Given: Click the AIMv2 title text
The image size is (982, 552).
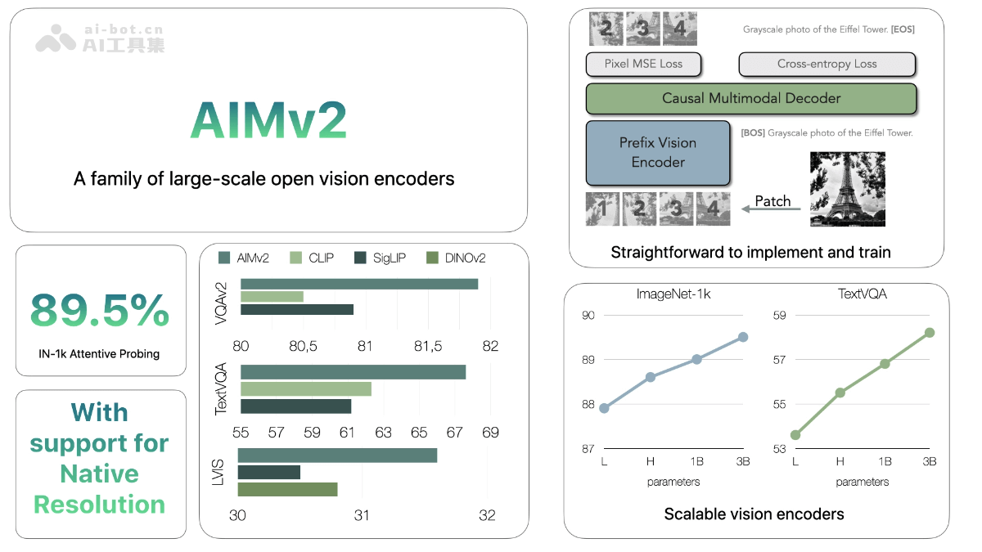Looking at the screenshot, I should (x=268, y=121).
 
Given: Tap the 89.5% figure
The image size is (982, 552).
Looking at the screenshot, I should (x=100, y=310).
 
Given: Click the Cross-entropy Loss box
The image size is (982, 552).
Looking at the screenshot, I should (x=827, y=64).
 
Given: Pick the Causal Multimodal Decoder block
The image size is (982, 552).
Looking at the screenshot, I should (x=751, y=98).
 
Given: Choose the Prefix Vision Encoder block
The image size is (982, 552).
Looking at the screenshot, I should (x=658, y=153).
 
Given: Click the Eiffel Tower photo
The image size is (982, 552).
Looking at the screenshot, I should (x=848, y=189).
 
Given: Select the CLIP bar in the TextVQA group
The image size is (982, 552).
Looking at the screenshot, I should (x=305, y=389).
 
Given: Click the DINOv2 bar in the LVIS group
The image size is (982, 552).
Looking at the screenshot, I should (x=287, y=489).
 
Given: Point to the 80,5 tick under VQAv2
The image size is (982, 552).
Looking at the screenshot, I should (x=303, y=347).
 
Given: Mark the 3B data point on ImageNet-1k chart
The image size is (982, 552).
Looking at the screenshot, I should (x=743, y=337).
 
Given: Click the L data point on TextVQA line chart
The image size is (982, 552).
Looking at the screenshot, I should (x=795, y=434).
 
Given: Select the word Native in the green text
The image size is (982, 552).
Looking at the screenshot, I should (x=99, y=473).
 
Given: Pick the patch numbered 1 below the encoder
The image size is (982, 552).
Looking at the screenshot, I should (x=603, y=209).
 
